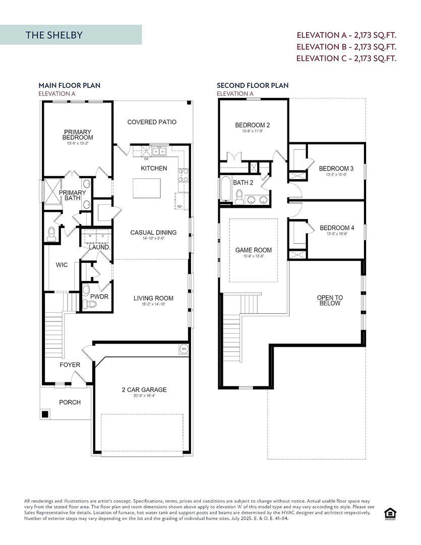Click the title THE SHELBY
(54, 35)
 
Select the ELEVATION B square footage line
(346, 46)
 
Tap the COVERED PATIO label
(152, 122)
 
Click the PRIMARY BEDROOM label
(78, 135)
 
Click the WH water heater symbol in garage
(183, 348)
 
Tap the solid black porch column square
(45, 414)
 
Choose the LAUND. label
(99, 247)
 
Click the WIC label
(62, 265)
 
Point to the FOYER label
(70, 364)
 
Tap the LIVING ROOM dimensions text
(153, 305)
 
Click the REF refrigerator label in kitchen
(179, 206)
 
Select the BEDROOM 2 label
(253, 125)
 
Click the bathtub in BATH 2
(225, 190)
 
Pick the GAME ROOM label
(254, 250)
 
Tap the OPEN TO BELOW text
(330, 300)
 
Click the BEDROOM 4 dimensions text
(337, 234)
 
